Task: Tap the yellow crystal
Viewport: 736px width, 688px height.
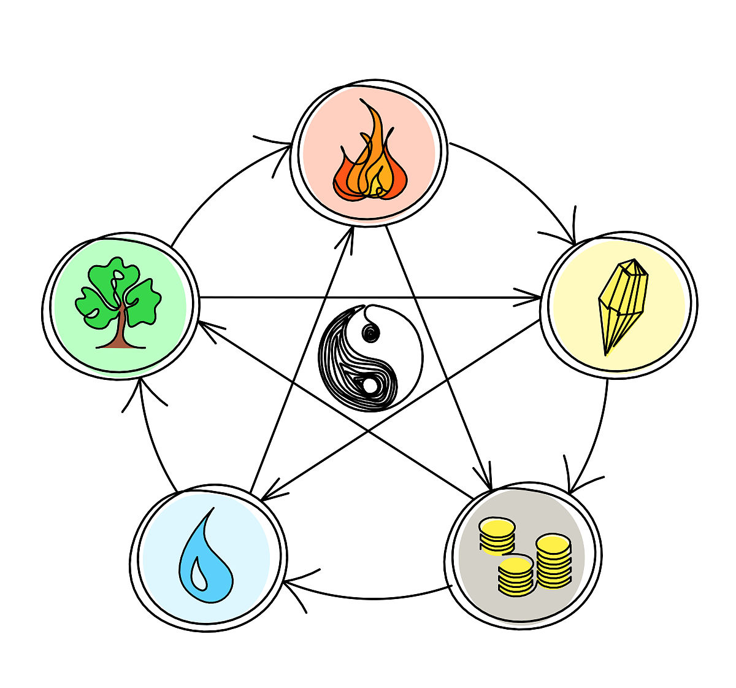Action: tap(621, 304)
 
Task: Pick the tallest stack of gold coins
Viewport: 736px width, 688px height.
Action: tap(553, 562)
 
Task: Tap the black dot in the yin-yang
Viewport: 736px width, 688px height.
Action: tap(370, 333)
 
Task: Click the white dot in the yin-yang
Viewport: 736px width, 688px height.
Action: tap(370, 385)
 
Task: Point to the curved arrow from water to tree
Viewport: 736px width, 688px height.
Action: tap(153, 442)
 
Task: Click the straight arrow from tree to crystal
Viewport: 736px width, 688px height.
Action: tap(368, 298)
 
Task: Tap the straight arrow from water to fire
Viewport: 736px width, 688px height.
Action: tap(301, 362)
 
